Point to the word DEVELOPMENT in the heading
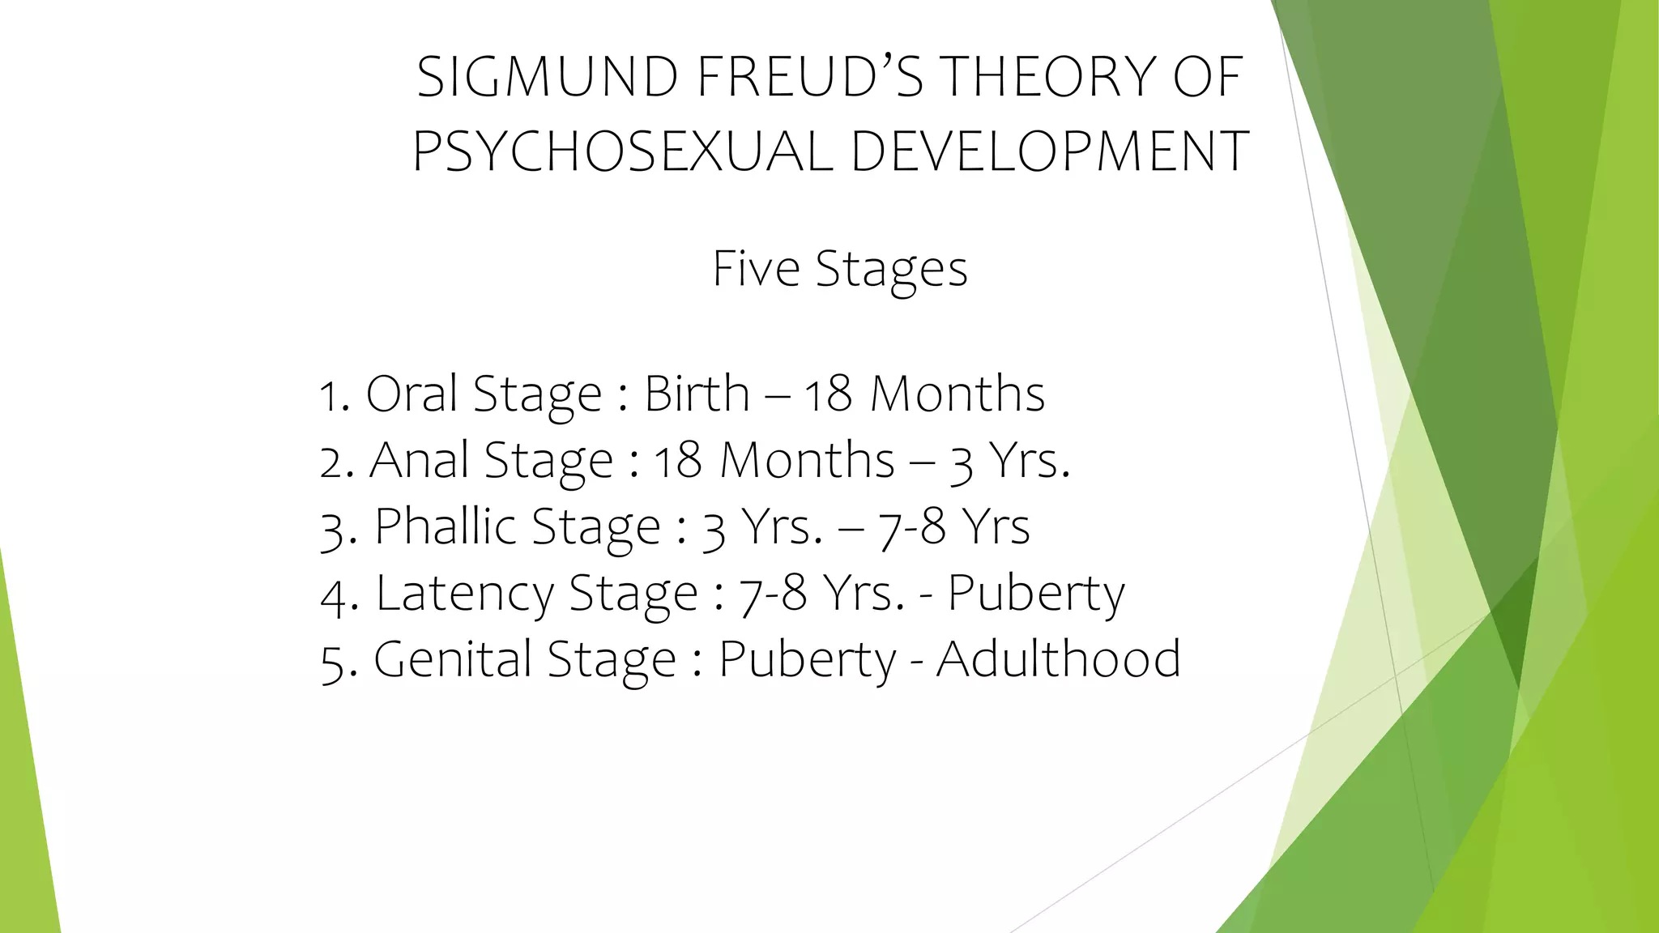(x=1050, y=151)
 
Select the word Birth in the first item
(x=697, y=394)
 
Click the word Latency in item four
(x=464, y=593)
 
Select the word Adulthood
(x=1059, y=658)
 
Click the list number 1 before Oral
(x=329, y=397)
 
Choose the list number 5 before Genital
(x=332, y=662)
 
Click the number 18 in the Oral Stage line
(x=827, y=395)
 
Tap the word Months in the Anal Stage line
(x=808, y=460)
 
